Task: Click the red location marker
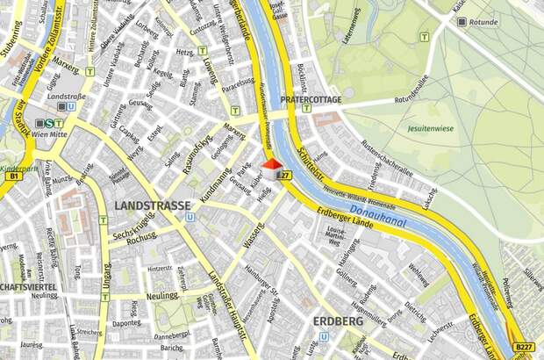[272, 164]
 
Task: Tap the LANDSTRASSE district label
[152, 205]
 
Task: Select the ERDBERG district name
[337, 321]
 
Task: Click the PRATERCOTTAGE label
[310, 101]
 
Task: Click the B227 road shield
[524, 349]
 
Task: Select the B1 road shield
[12, 176]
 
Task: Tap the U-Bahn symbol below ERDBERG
[324, 336]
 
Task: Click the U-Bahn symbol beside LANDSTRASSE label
[190, 217]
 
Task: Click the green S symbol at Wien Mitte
[51, 124]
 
